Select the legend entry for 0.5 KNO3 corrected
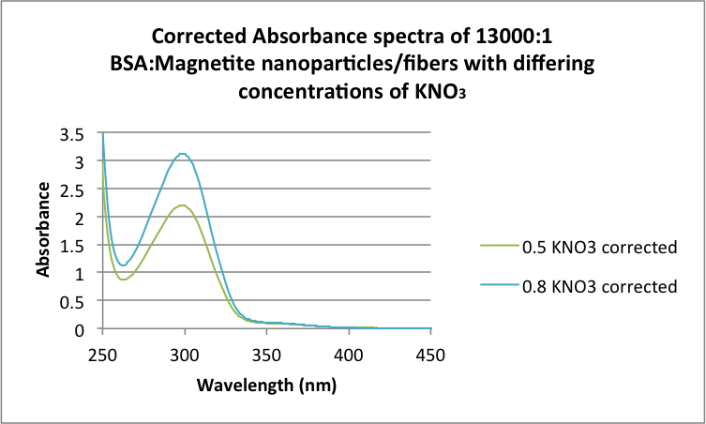pyautogui.click(x=578, y=248)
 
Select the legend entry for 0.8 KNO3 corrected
pyautogui.click(x=578, y=286)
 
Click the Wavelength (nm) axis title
pyautogui.click(x=266, y=385)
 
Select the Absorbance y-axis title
pyautogui.click(x=43, y=228)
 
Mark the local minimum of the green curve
pyautogui.click(x=122, y=280)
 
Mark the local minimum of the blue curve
pyautogui.click(x=122, y=265)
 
